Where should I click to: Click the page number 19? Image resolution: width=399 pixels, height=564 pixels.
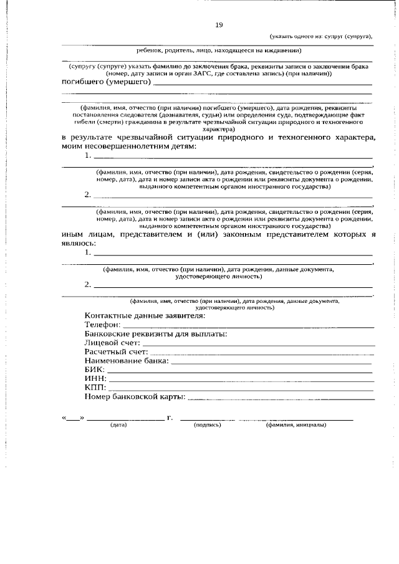tap(219, 25)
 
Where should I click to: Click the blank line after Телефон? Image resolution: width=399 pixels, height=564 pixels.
tap(249, 325)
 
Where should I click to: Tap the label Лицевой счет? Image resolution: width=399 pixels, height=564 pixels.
tap(112, 342)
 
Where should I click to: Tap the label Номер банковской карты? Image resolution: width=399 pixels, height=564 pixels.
tap(135, 396)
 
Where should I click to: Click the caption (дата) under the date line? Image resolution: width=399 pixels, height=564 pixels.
tap(118, 425)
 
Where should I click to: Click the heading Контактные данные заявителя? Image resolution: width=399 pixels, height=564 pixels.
tap(144, 315)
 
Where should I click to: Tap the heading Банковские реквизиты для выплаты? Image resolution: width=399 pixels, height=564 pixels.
tap(155, 333)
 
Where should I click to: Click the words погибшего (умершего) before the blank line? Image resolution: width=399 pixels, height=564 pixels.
tap(105, 82)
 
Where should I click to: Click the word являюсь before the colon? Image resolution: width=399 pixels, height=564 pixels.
tap(79, 244)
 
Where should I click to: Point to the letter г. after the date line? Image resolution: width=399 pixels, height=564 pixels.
tap(170, 416)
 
